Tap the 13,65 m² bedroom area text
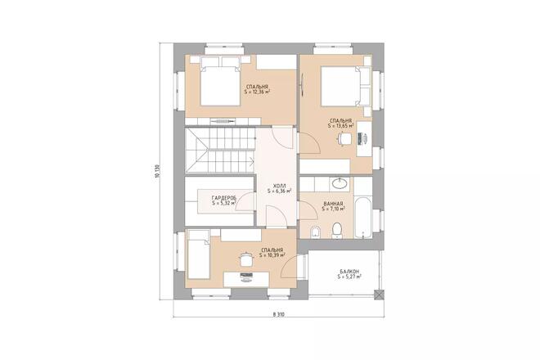341,127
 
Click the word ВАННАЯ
333,203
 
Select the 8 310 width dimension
279,315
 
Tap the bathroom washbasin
339,182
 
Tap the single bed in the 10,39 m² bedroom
199,253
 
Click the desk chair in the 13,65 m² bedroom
345,139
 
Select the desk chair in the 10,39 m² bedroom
244,260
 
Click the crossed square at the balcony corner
378,294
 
